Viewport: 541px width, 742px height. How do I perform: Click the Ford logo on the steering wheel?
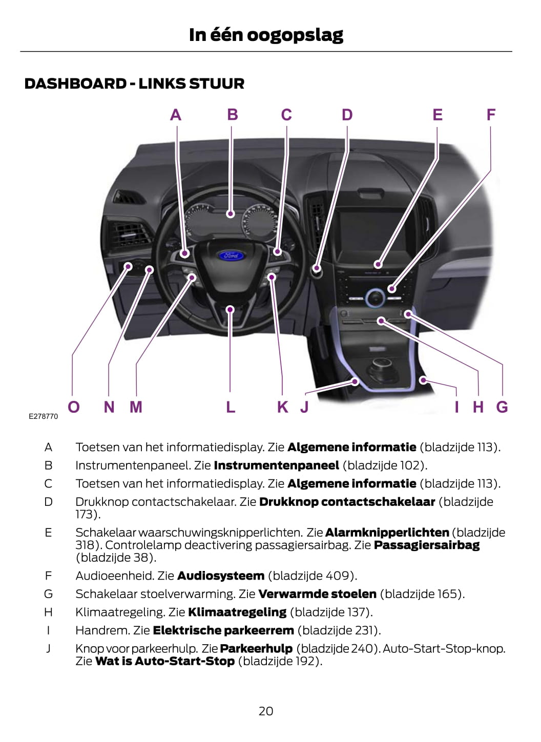(x=231, y=256)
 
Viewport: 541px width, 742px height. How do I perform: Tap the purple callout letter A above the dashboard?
(x=176, y=115)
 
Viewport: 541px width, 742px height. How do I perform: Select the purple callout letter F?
(x=491, y=115)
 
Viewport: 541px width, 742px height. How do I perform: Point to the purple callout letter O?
(x=74, y=407)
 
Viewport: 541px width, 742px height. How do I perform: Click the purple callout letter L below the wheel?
(x=231, y=407)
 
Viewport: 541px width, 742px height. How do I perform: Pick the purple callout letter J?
(x=304, y=407)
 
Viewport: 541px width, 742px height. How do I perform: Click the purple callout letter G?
(x=502, y=407)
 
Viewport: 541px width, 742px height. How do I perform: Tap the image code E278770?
(x=44, y=416)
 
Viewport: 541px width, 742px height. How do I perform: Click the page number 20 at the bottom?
(x=266, y=711)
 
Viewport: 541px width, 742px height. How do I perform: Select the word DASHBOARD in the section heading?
(x=76, y=83)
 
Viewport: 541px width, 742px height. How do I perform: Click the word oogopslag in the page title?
(x=295, y=35)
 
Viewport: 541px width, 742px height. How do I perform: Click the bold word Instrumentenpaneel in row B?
(x=277, y=465)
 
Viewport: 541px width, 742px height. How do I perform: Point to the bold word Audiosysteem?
(x=221, y=576)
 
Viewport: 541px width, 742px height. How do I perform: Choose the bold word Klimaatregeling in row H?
(x=237, y=612)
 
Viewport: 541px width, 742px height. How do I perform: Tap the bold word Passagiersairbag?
(x=427, y=545)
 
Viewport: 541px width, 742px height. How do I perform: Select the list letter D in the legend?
(x=48, y=502)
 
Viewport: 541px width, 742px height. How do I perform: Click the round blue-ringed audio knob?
(x=375, y=298)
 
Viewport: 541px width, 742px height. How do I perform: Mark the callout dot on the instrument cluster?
(x=231, y=214)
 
